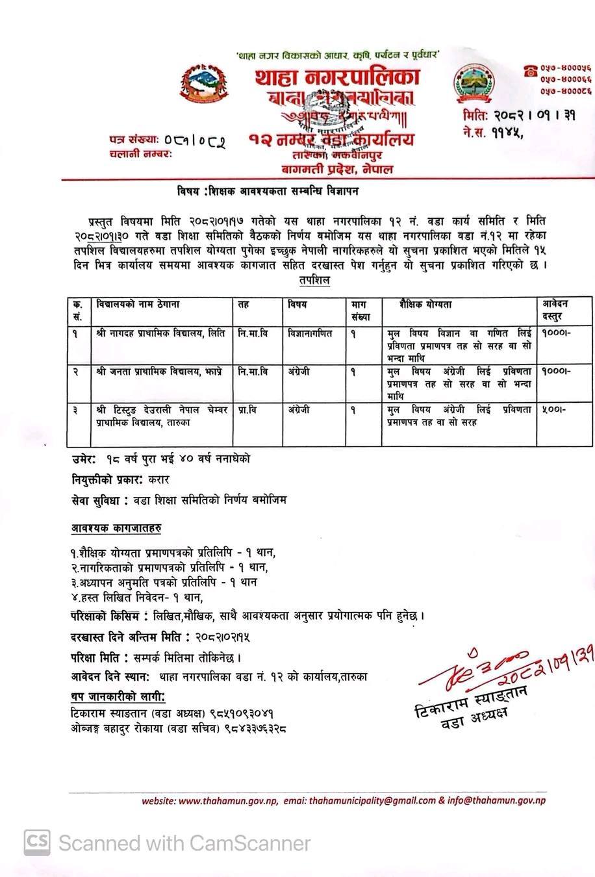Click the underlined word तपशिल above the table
pos(314,280)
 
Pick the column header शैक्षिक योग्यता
pos(425,305)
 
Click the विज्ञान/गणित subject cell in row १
pos(310,333)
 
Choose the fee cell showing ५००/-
pos(553,411)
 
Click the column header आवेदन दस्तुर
pos(555,311)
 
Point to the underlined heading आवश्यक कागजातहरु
pos(116,529)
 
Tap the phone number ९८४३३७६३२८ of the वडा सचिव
pos(253,728)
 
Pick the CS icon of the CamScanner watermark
pos(38,843)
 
